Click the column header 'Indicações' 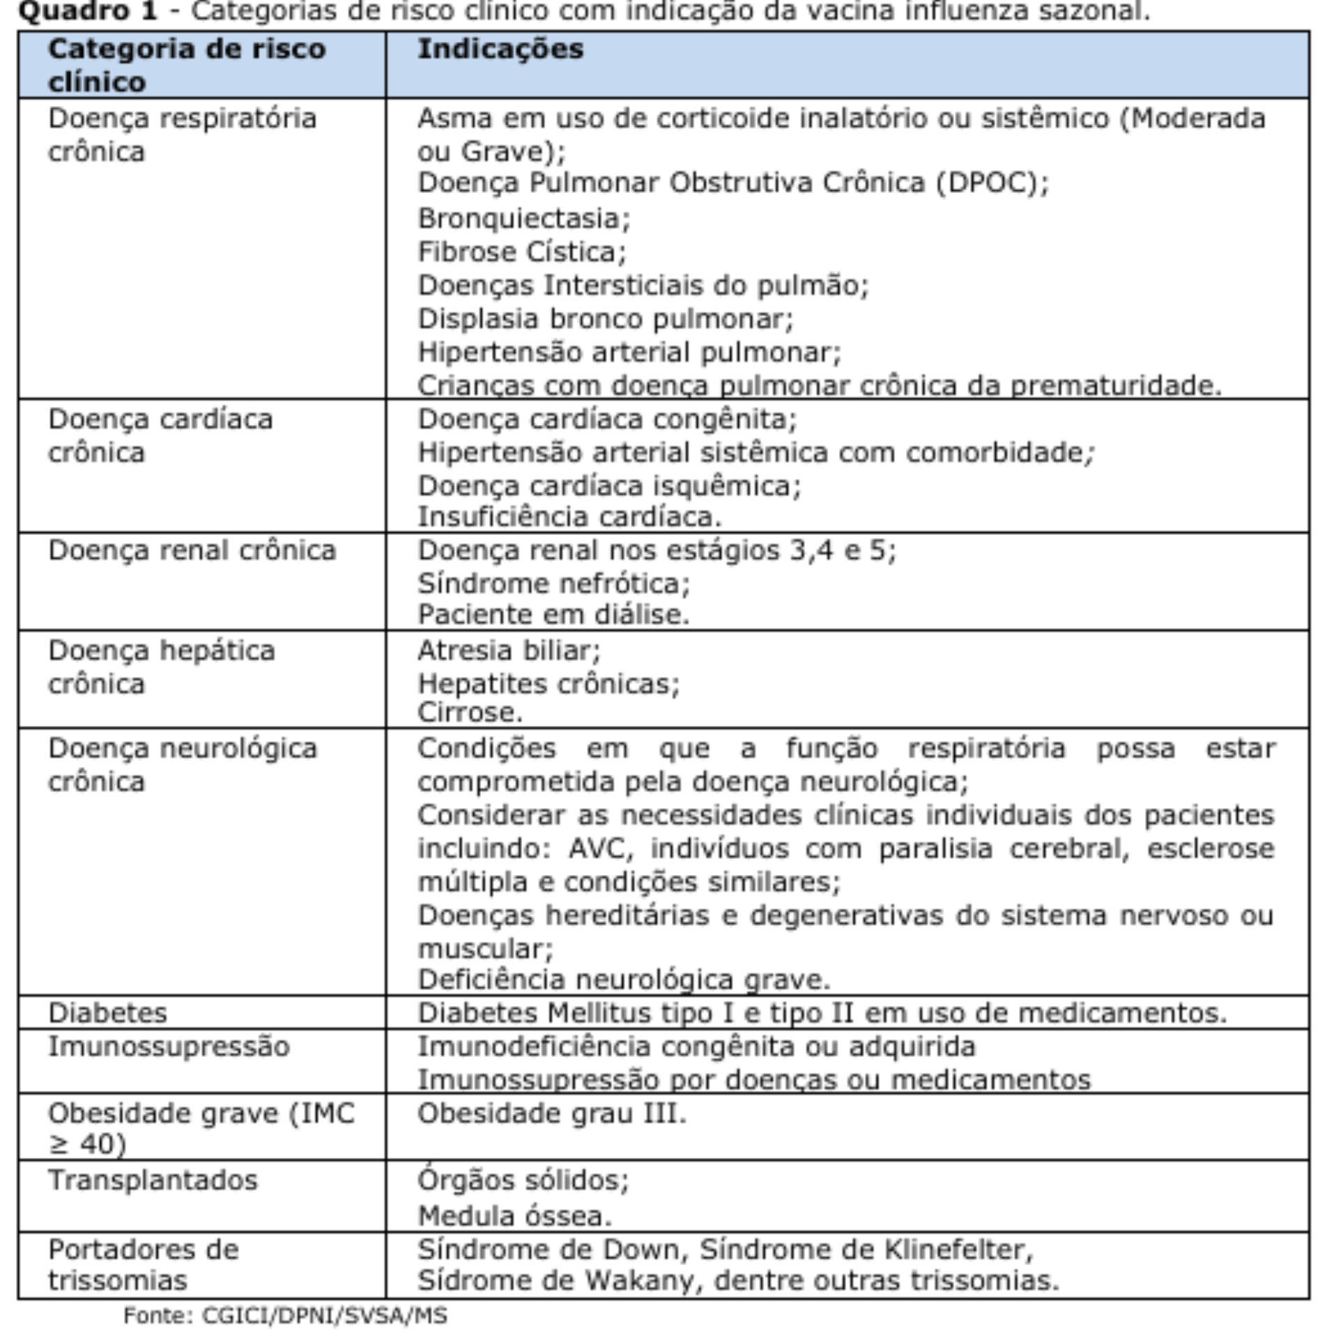[x=500, y=49]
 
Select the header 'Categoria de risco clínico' [x=186, y=65]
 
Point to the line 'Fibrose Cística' [x=521, y=252]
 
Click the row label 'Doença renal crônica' [x=192, y=551]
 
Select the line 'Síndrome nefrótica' [x=553, y=584]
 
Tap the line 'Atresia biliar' [x=508, y=651]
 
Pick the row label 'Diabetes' [x=108, y=1013]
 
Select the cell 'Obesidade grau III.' [x=551, y=1114]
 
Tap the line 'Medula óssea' [x=514, y=1216]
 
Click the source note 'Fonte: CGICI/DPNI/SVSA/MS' [x=285, y=1316]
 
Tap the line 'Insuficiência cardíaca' [x=569, y=518]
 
